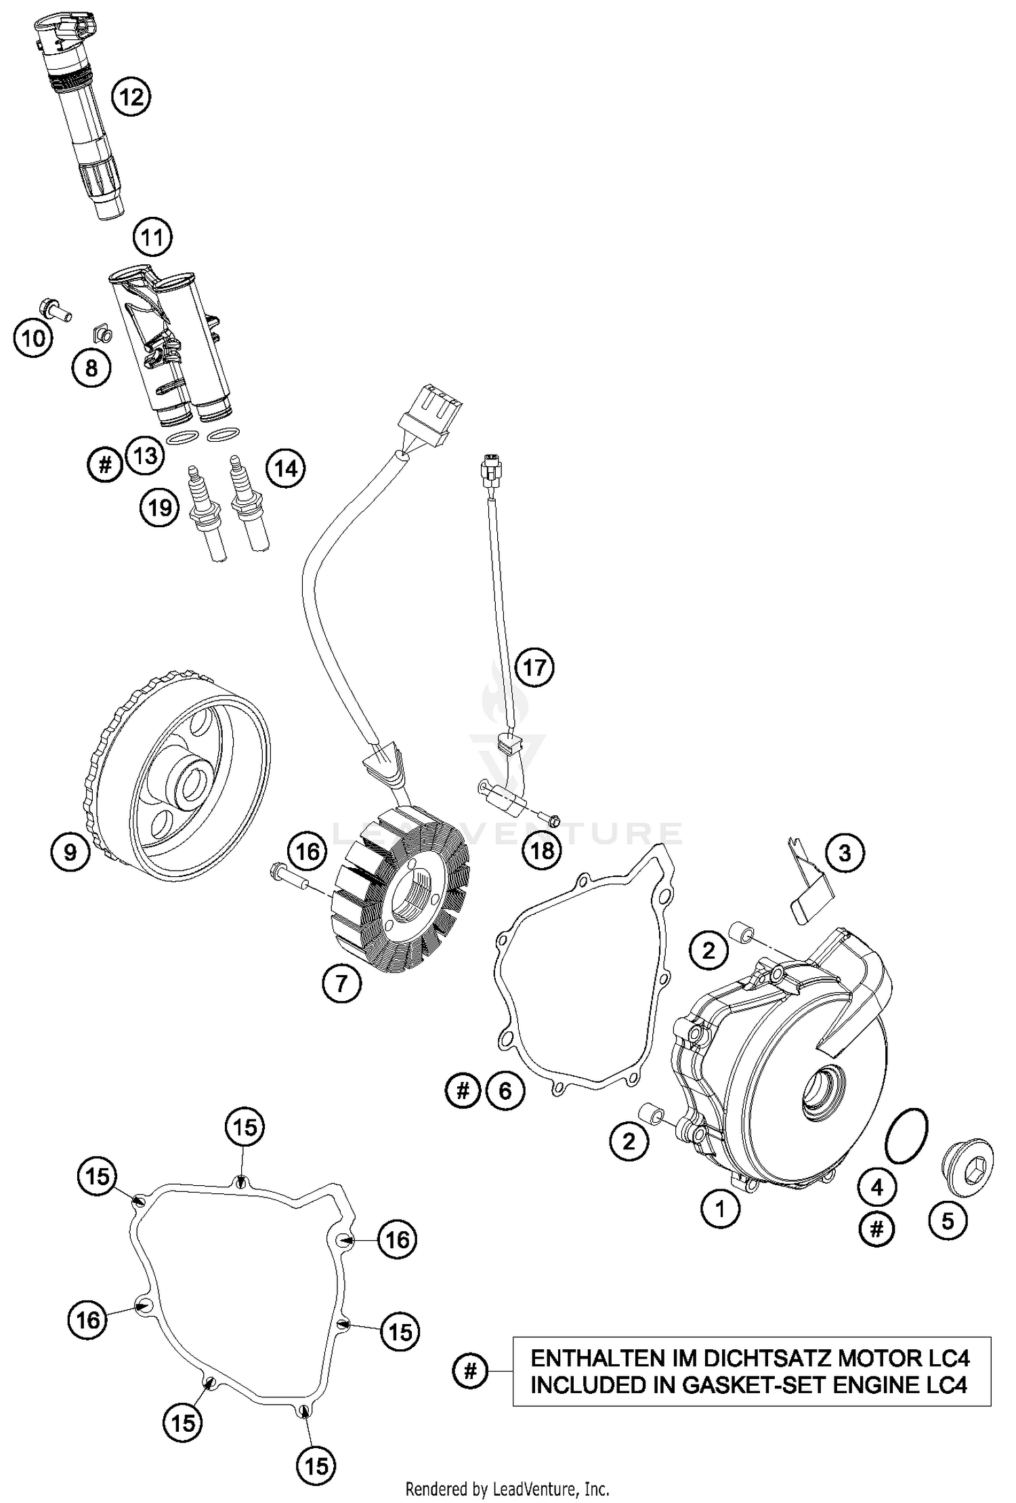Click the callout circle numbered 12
(x=131, y=98)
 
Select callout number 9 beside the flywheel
(x=70, y=852)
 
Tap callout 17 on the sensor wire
(x=534, y=668)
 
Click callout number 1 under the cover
(x=720, y=1208)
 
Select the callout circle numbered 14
(x=286, y=468)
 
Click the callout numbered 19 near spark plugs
(x=160, y=507)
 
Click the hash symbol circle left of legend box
(x=471, y=1372)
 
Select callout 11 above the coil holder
(x=152, y=237)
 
